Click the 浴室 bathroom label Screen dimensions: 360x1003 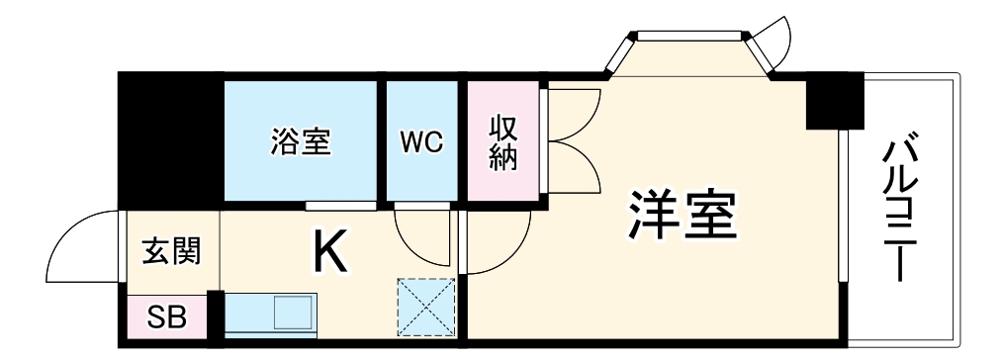tap(301, 141)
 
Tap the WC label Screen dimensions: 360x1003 tap(421, 141)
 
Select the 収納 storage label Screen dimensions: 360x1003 tap(503, 141)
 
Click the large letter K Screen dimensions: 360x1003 tap(329, 252)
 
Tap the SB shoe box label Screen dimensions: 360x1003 tap(165, 318)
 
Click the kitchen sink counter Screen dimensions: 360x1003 tap(271, 315)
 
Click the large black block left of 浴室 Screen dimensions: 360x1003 tap(168, 138)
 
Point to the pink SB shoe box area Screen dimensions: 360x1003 tap(165, 318)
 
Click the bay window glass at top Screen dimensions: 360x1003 tap(687, 38)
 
